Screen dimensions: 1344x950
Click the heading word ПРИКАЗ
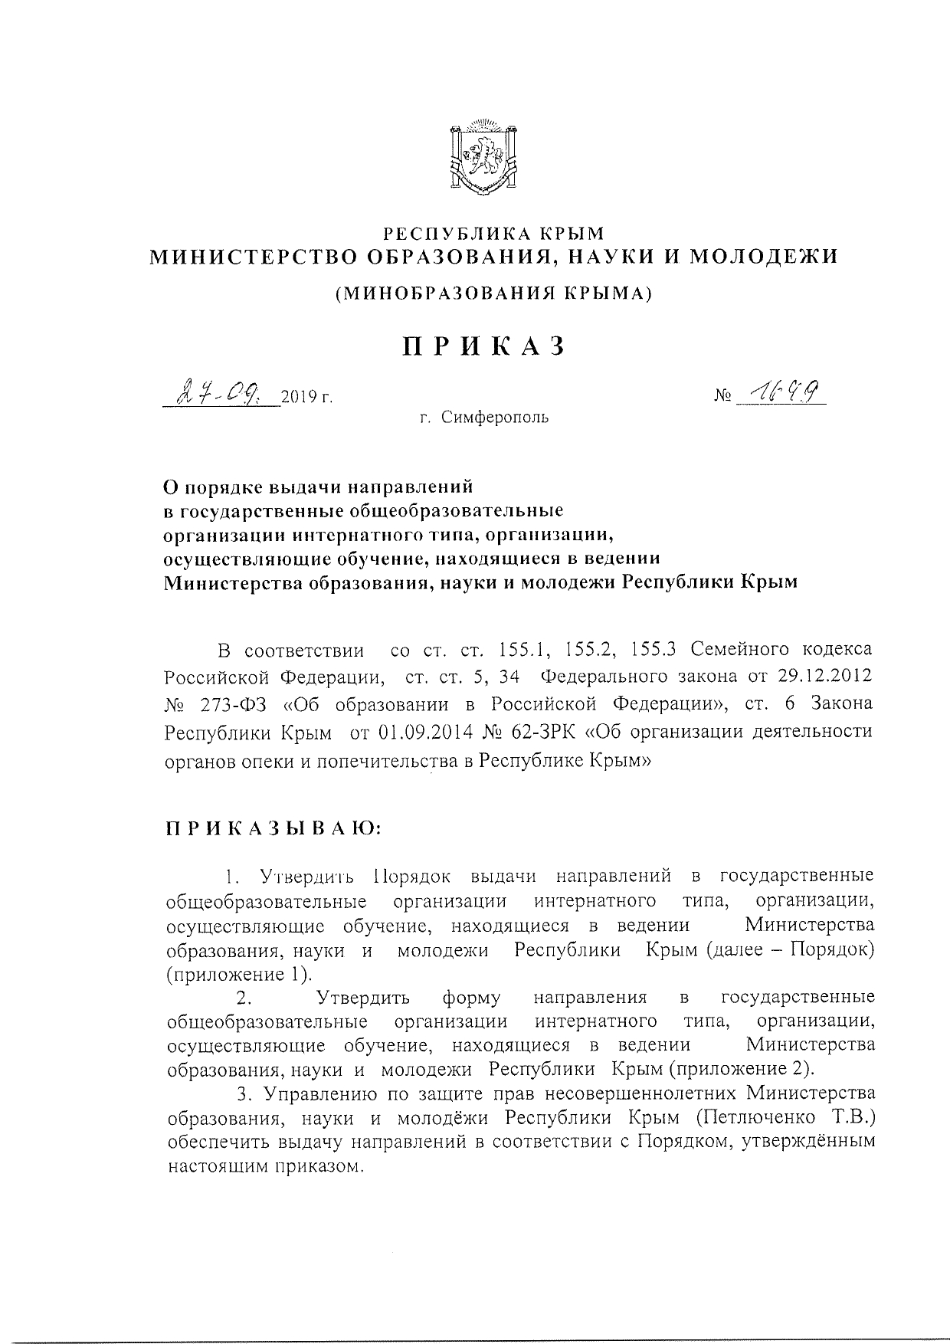pyautogui.click(x=484, y=346)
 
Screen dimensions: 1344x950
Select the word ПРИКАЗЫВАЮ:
pyautogui.click(x=274, y=829)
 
